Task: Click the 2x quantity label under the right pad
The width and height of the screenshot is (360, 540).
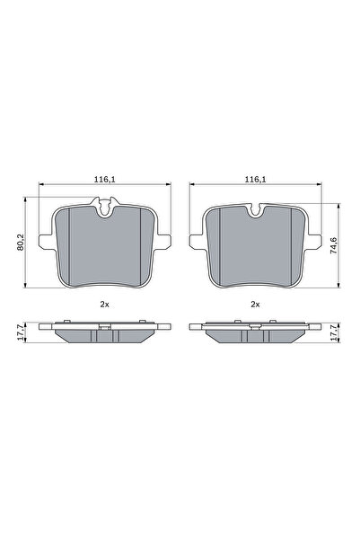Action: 256,305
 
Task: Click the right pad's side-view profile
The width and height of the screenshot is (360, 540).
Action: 256,333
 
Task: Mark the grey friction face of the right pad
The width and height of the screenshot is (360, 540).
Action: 256,252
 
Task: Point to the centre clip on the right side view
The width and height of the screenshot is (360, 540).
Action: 256,327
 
